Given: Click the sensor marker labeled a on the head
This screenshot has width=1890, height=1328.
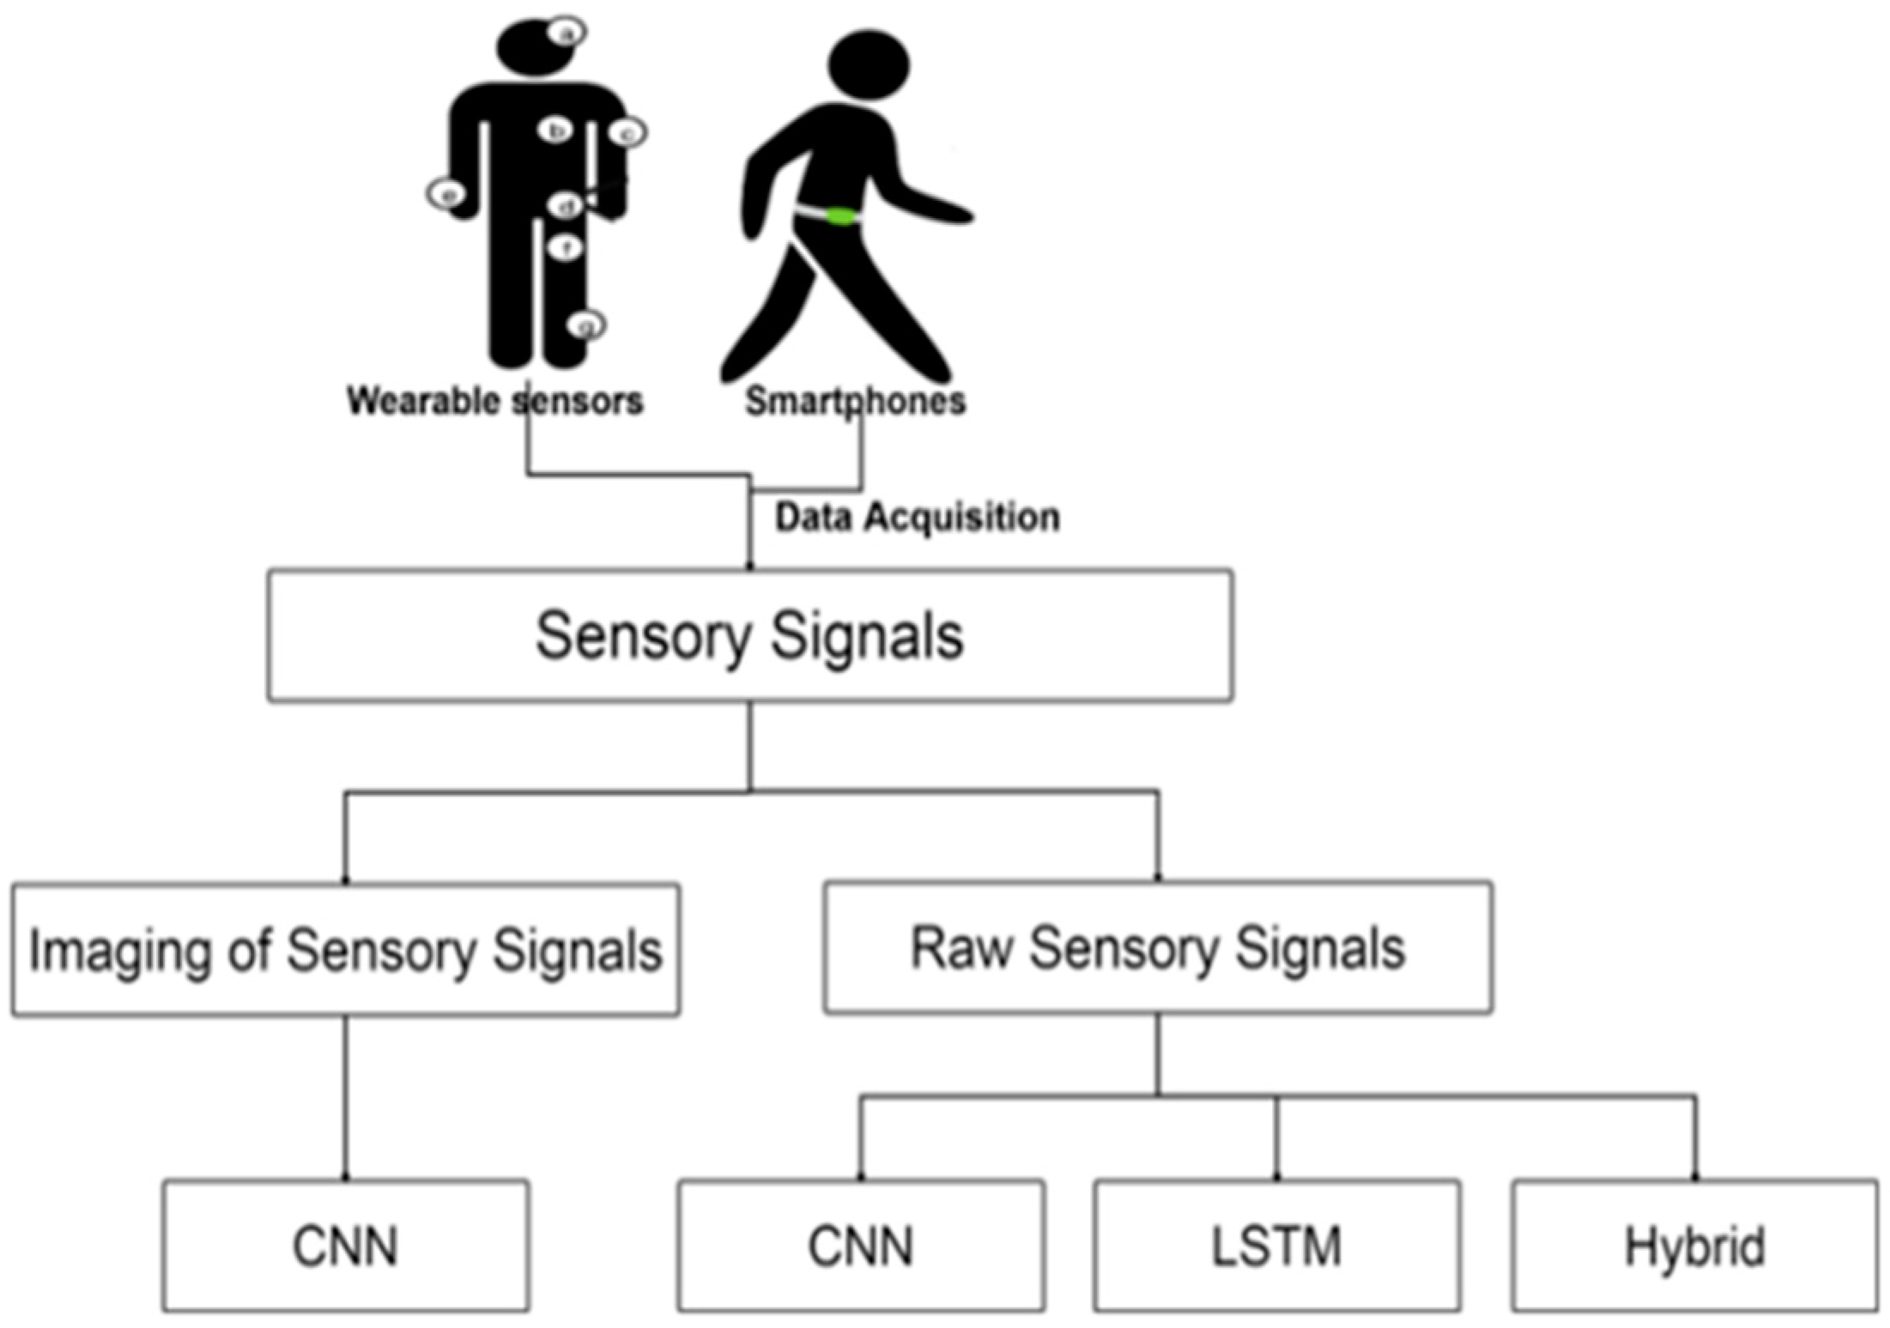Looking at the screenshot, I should click(566, 33).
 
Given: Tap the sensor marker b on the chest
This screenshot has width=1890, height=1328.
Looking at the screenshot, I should click(556, 130).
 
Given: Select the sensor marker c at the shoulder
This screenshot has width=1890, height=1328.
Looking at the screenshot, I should click(627, 133).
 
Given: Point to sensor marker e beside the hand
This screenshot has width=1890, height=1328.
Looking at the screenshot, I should click(446, 194).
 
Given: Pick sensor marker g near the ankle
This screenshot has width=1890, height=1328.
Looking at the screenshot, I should click(587, 325).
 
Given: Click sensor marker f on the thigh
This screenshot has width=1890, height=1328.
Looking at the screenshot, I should click(566, 248).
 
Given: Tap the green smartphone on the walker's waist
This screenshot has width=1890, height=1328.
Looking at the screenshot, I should click(839, 215).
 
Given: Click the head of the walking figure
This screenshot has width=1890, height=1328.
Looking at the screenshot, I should click(869, 65).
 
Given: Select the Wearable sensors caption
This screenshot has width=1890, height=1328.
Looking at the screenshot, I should click(494, 401).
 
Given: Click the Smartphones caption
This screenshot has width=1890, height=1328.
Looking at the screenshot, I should click(855, 401).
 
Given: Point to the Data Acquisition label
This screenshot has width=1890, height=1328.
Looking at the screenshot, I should click(918, 518).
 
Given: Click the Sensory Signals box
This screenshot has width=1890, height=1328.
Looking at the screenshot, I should click(750, 636).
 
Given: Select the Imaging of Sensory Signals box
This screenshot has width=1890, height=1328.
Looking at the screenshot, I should click(346, 950).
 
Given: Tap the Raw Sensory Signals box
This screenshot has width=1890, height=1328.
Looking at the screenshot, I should click(1158, 948).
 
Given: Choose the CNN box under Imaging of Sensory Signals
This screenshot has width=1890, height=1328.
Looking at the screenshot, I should click(346, 1246).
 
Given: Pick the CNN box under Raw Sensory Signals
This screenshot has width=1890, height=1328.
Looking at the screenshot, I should click(861, 1246).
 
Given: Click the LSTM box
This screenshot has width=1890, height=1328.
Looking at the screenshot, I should click(1277, 1246).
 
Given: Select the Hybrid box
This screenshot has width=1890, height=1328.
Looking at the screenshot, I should click(1695, 1246).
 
